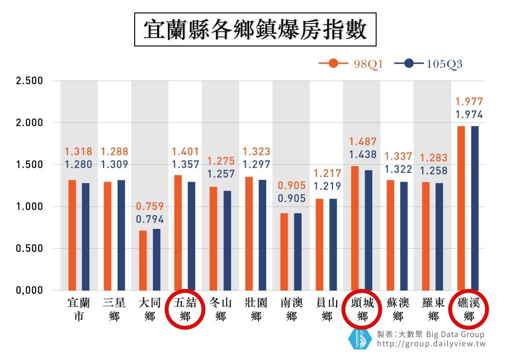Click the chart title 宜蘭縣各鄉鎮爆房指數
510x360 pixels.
click(254, 29)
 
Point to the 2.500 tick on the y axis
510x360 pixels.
click(29, 81)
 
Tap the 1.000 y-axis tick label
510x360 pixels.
click(29, 207)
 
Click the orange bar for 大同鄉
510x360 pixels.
click(143, 260)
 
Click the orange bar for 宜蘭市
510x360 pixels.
click(72, 235)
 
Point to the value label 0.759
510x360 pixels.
click(150, 207)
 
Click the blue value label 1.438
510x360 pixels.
click(363, 155)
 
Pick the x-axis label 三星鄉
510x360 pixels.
click(114, 309)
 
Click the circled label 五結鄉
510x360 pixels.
click(186, 309)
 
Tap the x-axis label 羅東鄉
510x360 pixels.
click(433, 309)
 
